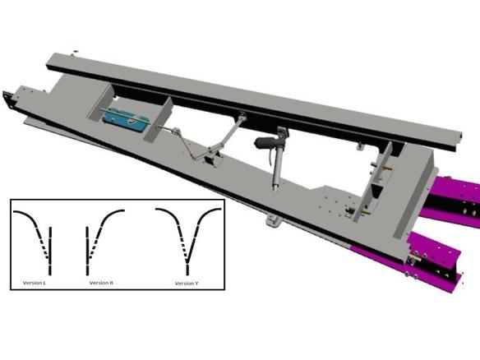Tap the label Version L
pos(35,283)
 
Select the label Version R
pos(101,283)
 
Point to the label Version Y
pos(187,284)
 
